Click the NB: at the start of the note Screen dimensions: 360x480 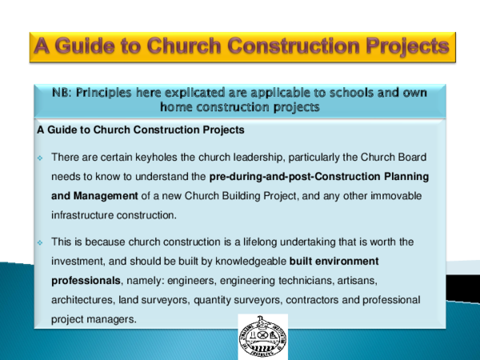[66, 93]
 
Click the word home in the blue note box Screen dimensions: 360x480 [178, 106]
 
